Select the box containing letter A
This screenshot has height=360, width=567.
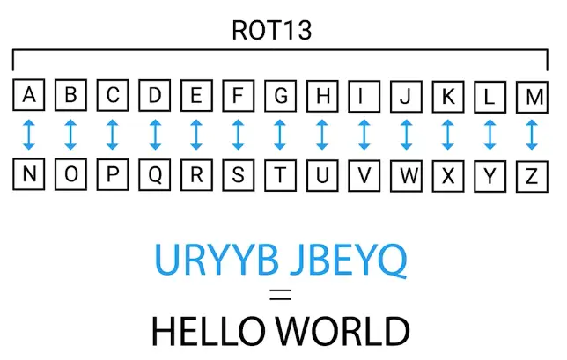point(30,96)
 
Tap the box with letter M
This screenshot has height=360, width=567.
point(531,96)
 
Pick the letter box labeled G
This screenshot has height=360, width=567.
point(280,96)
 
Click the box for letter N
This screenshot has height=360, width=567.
point(30,174)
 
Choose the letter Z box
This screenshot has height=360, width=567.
point(531,174)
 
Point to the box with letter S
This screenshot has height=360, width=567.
point(239,174)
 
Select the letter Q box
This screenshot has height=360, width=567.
point(155,174)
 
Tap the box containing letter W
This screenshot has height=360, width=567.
point(406,174)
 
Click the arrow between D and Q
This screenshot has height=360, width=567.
point(155,135)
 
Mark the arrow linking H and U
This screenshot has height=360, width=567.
point(322,135)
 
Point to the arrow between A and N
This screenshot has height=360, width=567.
point(30,135)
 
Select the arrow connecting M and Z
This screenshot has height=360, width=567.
point(531,135)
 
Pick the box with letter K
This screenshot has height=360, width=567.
point(447,96)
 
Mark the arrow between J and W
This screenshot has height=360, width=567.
point(406,135)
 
